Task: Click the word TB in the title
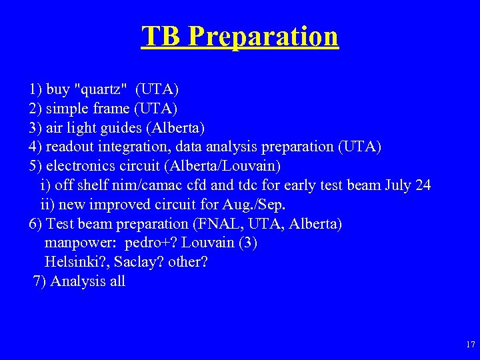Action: (161, 36)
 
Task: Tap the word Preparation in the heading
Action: (263, 37)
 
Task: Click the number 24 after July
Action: (423, 185)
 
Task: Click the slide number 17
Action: (471, 345)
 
